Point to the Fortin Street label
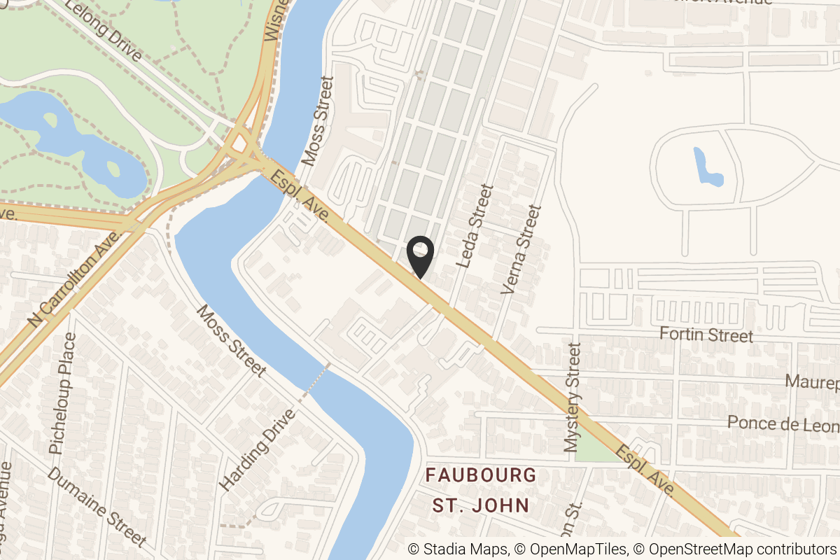707,335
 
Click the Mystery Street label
573,396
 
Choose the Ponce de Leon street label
783,423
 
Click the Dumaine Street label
97,507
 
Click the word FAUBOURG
482,475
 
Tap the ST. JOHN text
479,505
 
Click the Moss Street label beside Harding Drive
231,341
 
